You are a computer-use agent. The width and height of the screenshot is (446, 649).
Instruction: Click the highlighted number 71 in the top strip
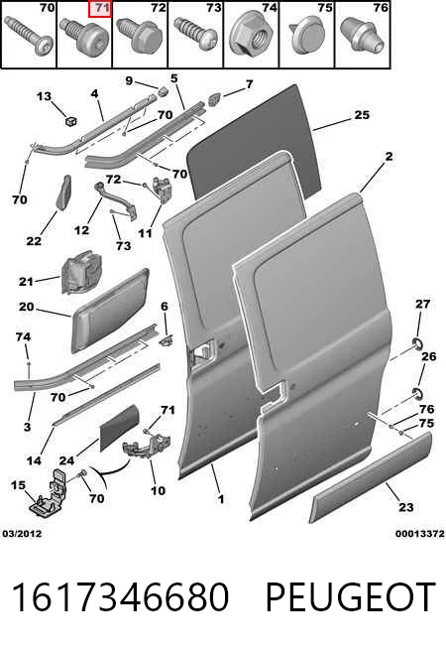[x=99, y=9]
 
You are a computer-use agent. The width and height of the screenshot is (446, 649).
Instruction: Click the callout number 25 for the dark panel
[x=362, y=115]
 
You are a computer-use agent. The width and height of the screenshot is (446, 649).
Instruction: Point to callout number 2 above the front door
[x=389, y=157]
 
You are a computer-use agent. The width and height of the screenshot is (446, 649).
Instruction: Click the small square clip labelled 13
[x=71, y=120]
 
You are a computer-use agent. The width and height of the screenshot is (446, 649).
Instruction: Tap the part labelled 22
[x=63, y=193]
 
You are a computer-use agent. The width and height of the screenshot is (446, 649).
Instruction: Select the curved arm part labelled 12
[x=117, y=200]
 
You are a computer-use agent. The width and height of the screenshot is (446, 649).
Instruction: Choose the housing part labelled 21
[x=81, y=272]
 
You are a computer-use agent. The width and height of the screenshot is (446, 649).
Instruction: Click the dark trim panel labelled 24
[x=119, y=429]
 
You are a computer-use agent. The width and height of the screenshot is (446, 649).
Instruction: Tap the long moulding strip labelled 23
[x=371, y=477]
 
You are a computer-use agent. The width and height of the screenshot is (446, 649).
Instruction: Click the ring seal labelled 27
[x=417, y=343]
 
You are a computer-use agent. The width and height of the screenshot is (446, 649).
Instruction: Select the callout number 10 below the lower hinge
[x=158, y=491]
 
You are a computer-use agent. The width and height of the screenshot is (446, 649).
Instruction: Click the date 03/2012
[x=23, y=534]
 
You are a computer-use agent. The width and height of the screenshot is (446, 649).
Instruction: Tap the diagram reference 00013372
[x=420, y=534]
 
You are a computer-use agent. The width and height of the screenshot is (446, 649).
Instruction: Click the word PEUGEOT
[x=350, y=596]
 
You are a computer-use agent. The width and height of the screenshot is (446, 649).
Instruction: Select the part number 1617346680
[x=120, y=596]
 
